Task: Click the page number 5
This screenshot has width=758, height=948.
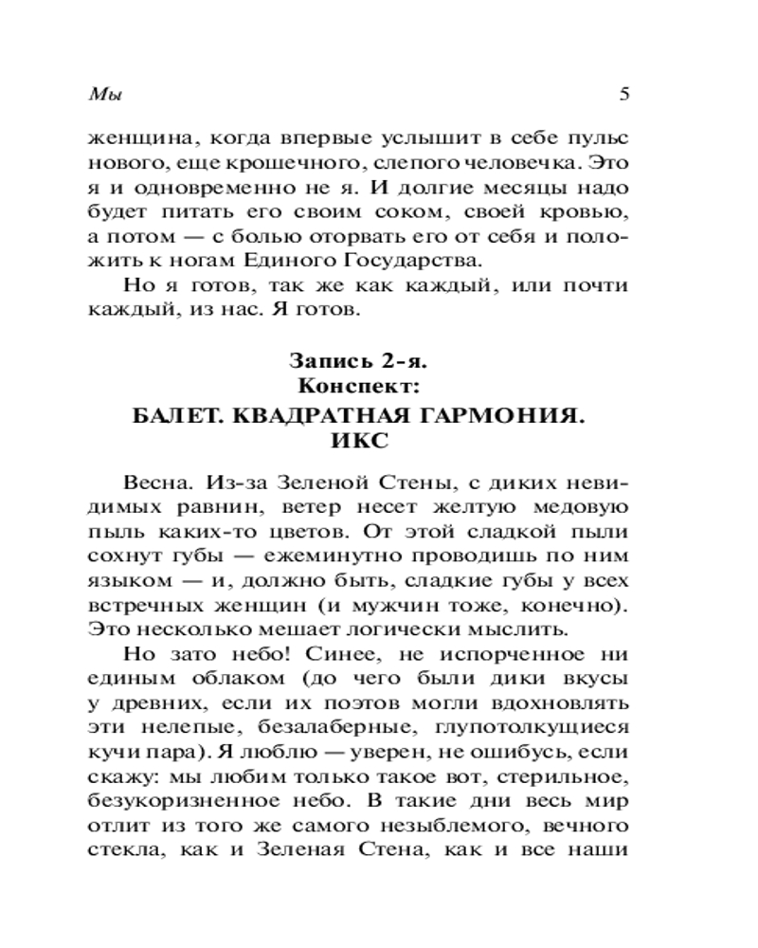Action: coord(623,94)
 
